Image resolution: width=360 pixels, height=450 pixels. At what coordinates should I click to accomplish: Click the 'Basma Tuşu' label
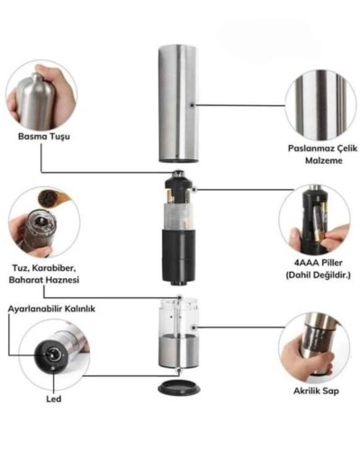click(x=44, y=137)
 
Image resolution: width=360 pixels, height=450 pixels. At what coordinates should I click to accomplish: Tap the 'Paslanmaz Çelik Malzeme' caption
click(x=323, y=154)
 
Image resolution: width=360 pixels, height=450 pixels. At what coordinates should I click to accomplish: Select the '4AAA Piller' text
click(x=319, y=263)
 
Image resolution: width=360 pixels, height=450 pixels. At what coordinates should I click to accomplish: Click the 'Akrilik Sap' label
click(x=316, y=391)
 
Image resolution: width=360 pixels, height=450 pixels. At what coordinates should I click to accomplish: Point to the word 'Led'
click(x=54, y=399)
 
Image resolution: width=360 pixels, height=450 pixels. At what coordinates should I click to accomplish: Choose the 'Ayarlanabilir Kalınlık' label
click(x=51, y=309)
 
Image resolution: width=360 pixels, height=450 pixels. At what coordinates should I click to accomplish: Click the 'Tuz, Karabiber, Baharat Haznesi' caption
click(x=44, y=274)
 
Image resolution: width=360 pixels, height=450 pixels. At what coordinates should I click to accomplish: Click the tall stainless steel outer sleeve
click(x=178, y=103)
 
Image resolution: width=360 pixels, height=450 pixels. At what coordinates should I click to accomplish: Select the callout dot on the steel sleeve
click(x=193, y=105)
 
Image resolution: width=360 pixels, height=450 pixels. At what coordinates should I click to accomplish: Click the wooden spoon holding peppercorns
click(x=53, y=197)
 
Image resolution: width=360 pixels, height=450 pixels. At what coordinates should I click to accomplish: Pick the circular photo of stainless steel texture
click(x=321, y=105)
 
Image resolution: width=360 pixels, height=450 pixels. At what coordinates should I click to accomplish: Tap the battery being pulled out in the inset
click(x=319, y=221)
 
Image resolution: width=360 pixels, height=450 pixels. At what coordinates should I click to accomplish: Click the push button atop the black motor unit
click(x=179, y=173)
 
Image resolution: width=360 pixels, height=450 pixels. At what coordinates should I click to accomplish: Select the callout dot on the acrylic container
click(x=194, y=327)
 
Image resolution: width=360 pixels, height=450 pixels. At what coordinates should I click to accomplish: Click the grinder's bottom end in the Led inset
click(x=51, y=355)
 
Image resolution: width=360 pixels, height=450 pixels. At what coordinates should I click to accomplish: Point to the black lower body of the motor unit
click(x=179, y=256)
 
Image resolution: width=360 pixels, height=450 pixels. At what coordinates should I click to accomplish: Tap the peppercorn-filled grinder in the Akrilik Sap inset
click(x=318, y=339)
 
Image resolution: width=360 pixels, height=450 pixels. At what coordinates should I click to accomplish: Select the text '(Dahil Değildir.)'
click(x=319, y=274)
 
